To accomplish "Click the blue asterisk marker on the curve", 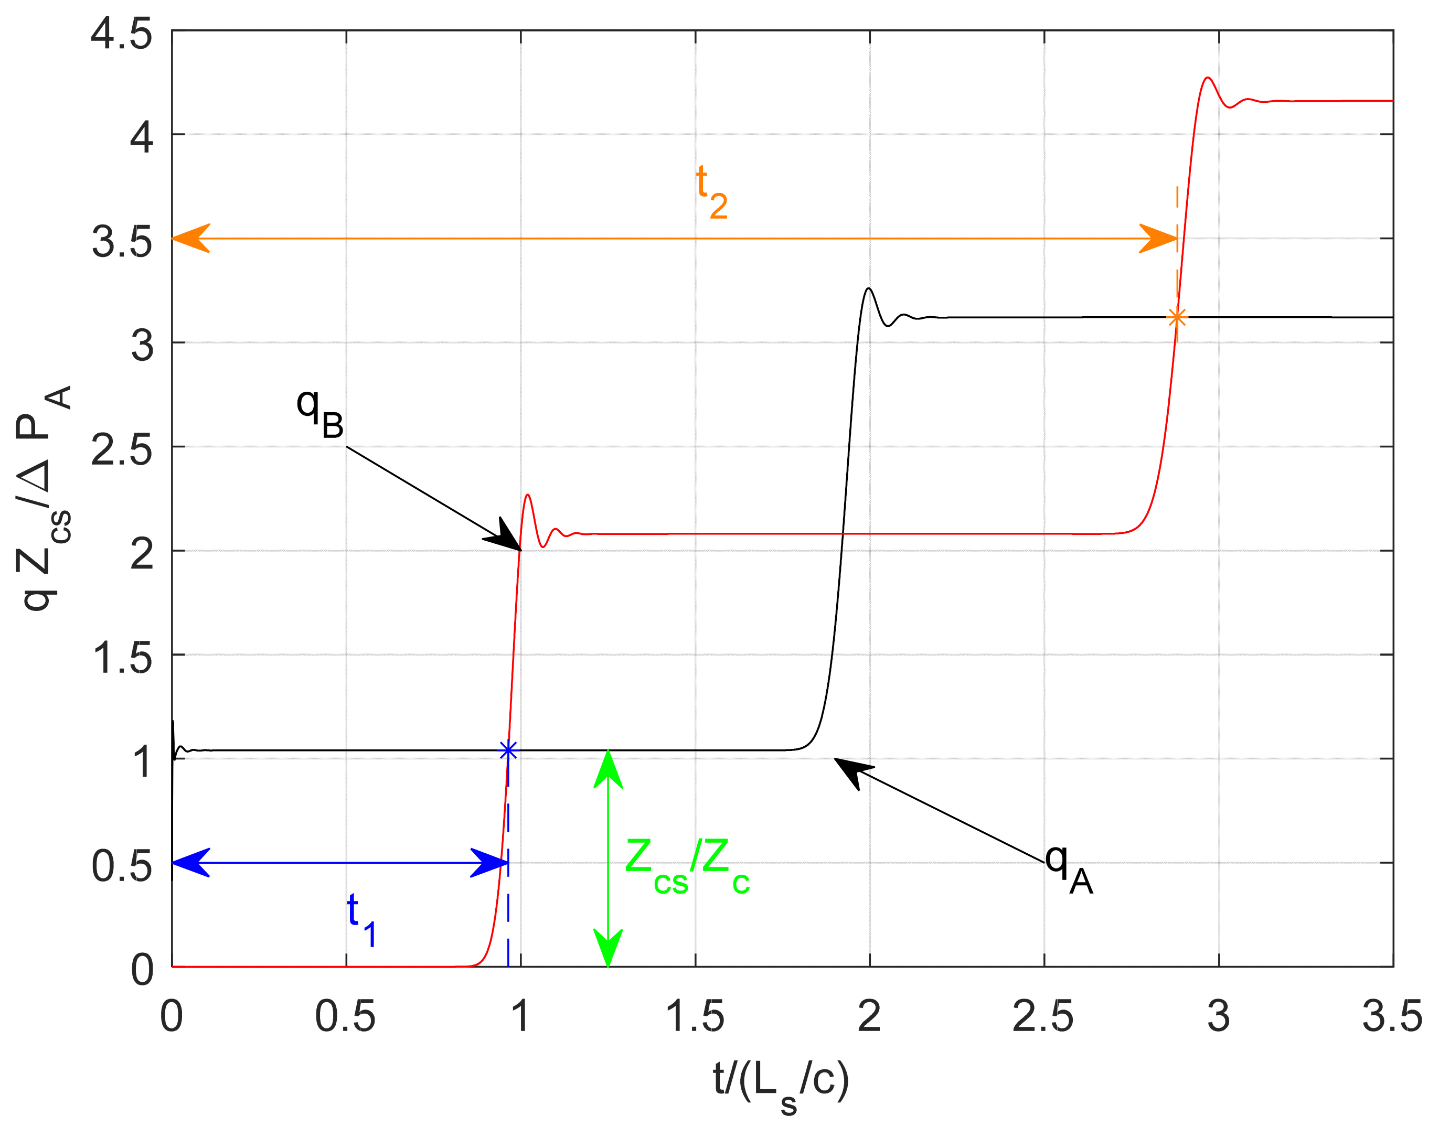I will tap(508, 751).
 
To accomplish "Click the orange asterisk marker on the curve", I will tap(1176, 317).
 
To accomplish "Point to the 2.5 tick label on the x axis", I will tap(1043, 1017).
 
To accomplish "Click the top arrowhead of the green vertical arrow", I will tap(608, 766).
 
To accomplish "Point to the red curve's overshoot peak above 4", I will tap(1208, 78).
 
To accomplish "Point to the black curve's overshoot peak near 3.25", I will tap(869, 288).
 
